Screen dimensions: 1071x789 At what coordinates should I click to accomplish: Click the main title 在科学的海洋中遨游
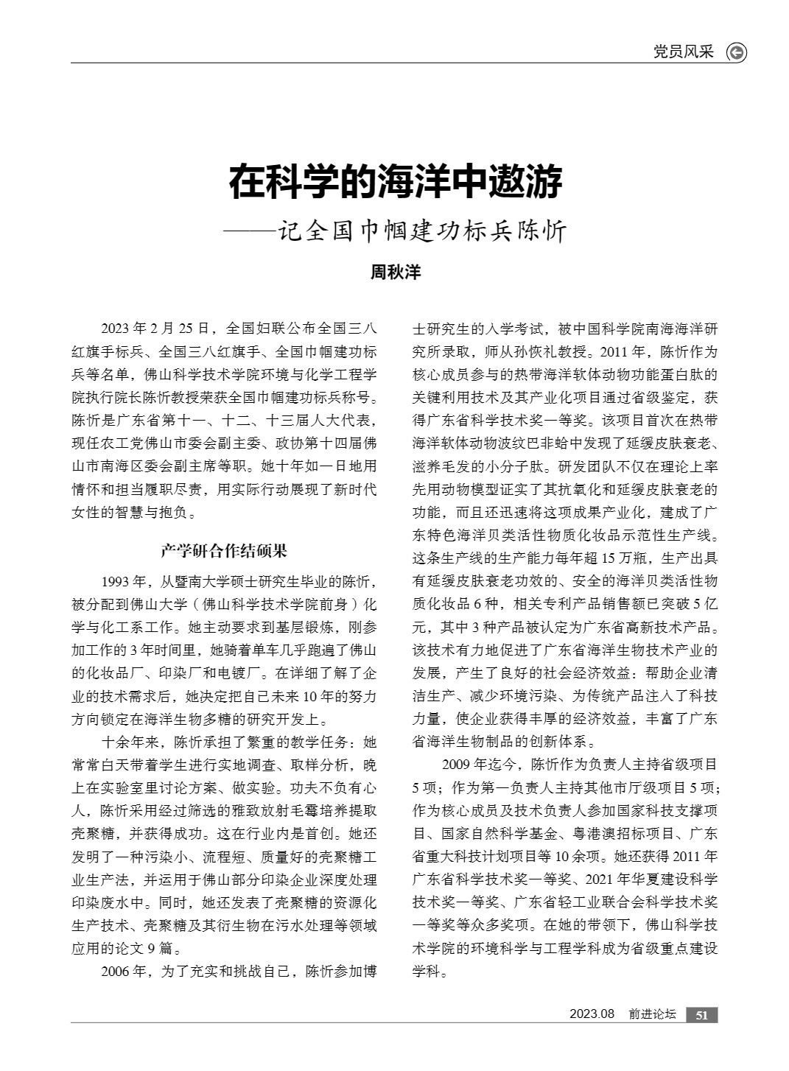(x=395, y=182)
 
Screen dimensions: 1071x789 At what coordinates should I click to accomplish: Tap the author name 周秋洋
(x=395, y=272)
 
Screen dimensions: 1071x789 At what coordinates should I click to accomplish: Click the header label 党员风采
(x=684, y=52)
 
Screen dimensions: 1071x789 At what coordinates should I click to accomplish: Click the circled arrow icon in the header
(x=736, y=52)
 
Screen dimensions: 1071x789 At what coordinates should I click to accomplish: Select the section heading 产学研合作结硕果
(x=224, y=550)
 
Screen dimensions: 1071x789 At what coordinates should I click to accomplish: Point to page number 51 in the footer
(x=701, y=1015)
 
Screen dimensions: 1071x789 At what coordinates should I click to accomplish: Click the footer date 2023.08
(x=592, y=1014)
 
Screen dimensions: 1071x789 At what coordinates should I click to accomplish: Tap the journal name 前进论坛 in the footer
(x=652, y=1015)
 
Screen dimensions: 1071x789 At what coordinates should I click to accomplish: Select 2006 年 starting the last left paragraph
(x=125, y=971)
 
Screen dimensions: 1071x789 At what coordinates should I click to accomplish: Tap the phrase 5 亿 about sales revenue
(x=706, y=605)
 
